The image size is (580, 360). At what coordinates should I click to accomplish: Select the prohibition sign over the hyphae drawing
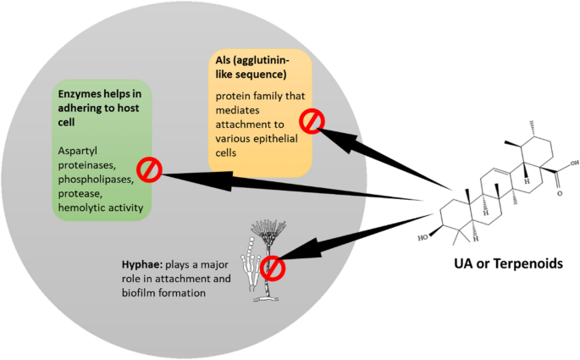pyautogui.click(x=273, y=269)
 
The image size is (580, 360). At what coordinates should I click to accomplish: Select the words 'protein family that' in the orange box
pyautogui.click(x=257, y=96)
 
